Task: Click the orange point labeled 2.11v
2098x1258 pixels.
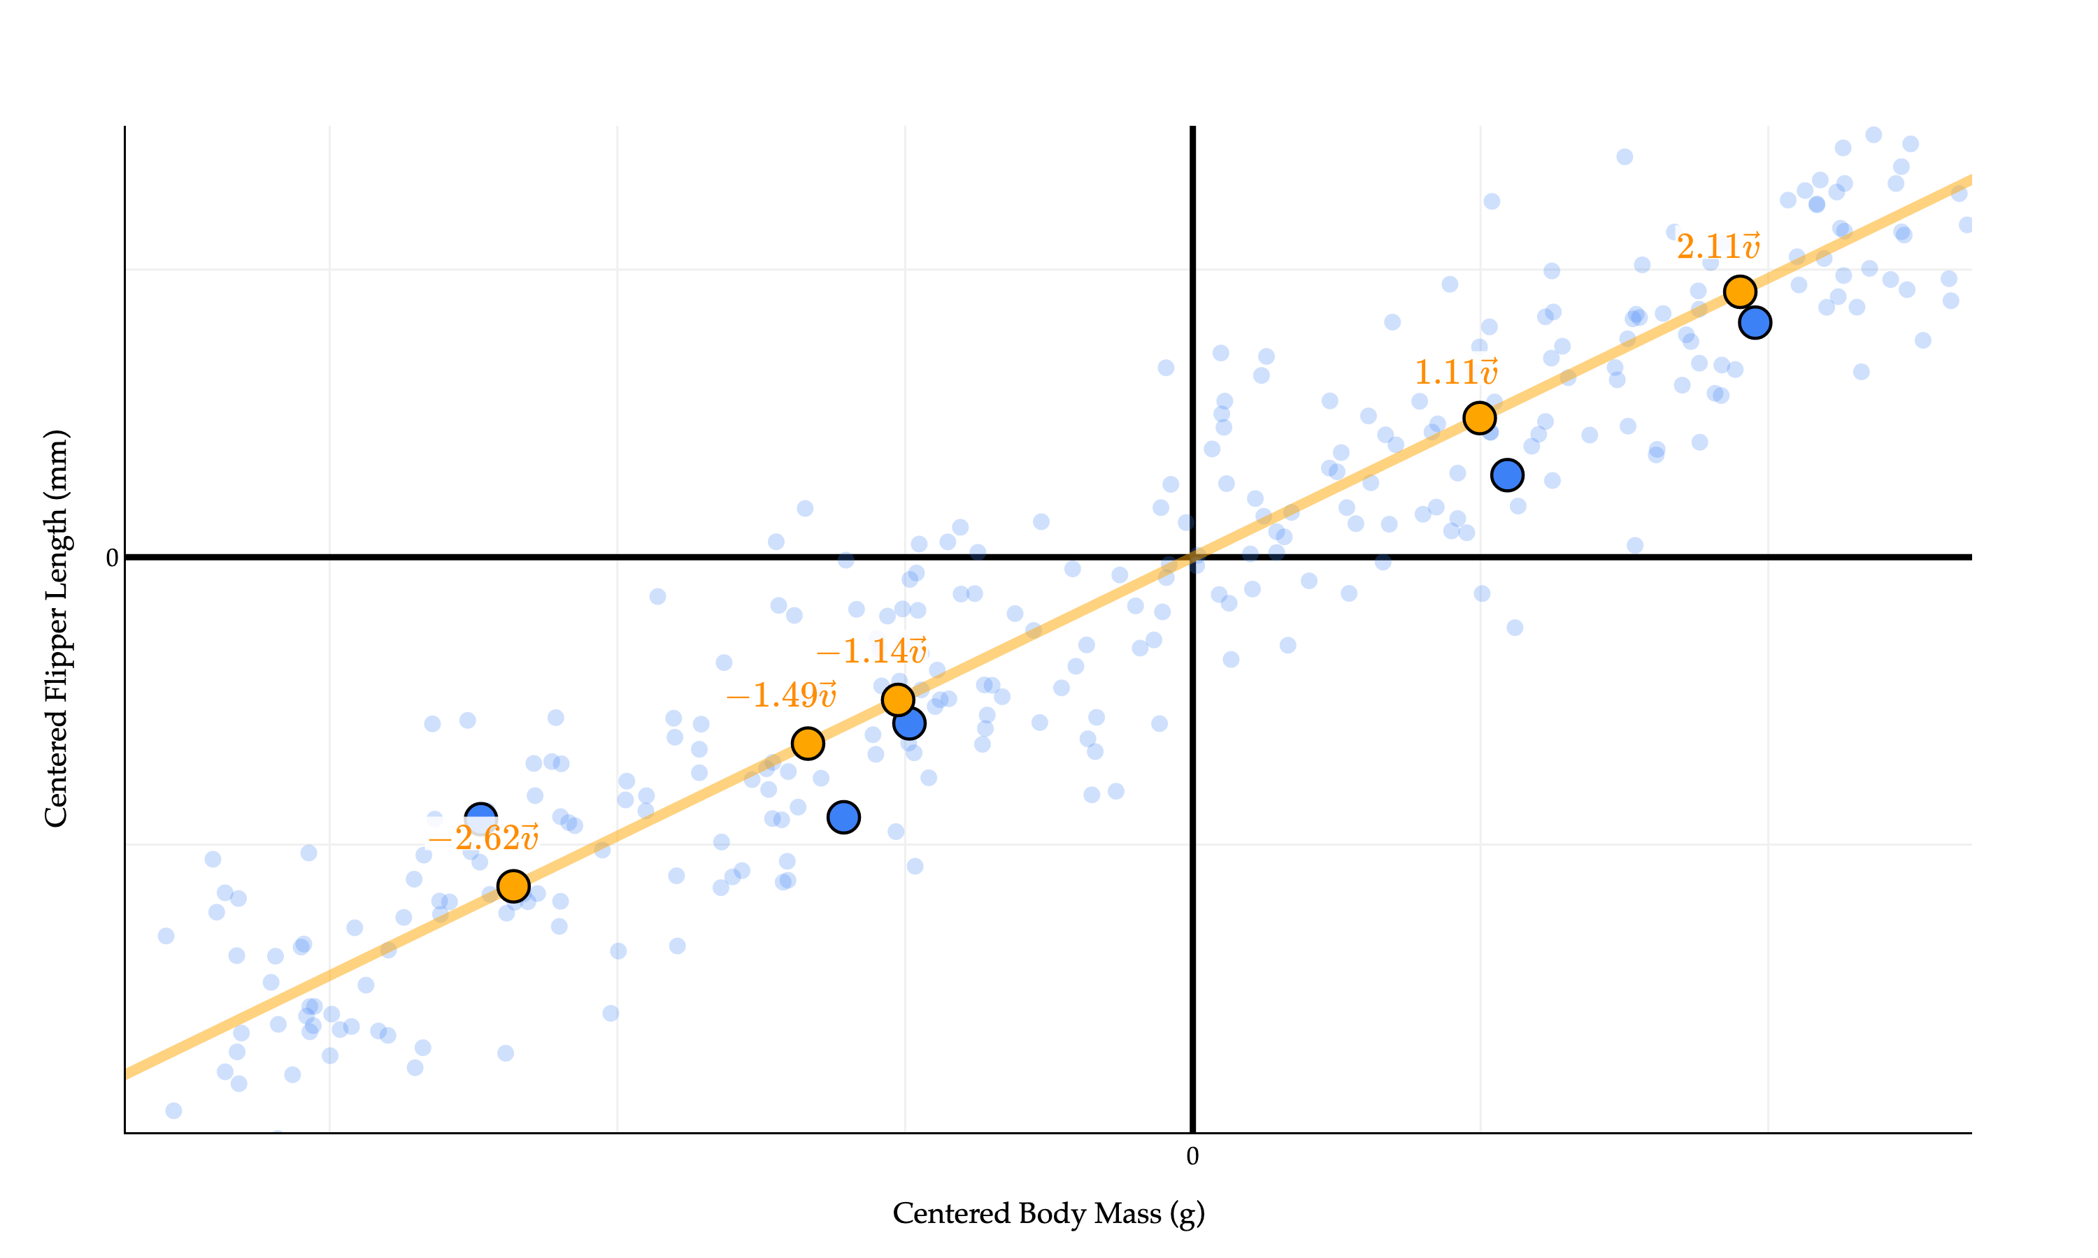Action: point(1739,291)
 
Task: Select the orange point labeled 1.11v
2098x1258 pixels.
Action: point(1479,418)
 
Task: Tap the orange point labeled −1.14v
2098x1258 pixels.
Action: point(897,700)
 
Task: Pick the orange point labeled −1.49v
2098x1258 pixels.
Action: point(807,744)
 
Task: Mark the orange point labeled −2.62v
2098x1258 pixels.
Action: point(513,886)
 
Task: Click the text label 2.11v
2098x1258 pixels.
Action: point(1718,247)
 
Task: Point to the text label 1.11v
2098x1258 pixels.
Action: point(1455,372)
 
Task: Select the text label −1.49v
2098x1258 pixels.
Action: point(781,695)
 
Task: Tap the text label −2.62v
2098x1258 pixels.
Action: point(483,837)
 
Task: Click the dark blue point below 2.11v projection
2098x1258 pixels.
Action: point(1755,323)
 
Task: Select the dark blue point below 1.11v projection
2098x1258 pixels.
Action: point(1507,475)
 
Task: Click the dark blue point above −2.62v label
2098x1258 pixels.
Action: point(481,816)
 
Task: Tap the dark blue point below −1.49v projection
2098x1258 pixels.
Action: point(843,817)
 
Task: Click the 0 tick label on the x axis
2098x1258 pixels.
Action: point(1192,1156)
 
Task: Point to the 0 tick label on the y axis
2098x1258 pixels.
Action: point(111,558)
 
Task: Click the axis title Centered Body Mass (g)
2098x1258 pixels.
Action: point(1048,1214)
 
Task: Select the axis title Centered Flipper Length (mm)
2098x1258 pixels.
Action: point(56,628)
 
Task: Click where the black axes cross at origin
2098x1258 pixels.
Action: point(1192,557)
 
